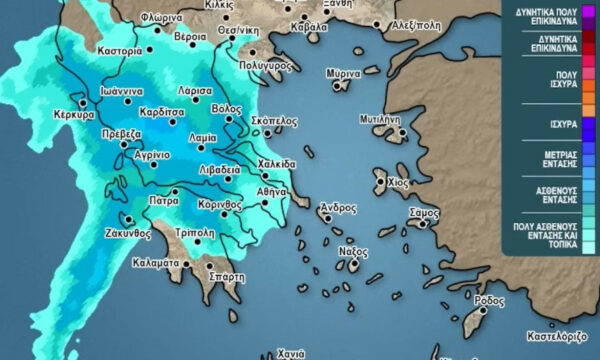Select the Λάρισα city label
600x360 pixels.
(x=197, y=89)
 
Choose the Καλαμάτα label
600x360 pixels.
(x=156, y=264)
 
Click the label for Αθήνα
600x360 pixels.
(x=271, y=190)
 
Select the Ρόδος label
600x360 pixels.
(x=489, y=300)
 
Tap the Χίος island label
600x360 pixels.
(x=397, y=184)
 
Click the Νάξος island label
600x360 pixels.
(x=348, y=251)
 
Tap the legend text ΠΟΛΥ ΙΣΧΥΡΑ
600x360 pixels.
(x=551, y=78)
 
